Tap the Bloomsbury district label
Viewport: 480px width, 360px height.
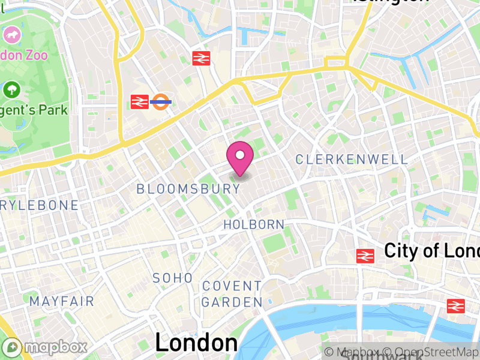pyautogui.click(x=188, y=189)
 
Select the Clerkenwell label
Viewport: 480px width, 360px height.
pyautogui.click(x=352, y=160)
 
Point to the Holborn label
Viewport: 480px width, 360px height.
pyautogui.click(x=254, y=224)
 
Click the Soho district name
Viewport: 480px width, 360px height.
pyautogui.click(x=173, y=278)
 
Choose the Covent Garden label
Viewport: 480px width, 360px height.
pyautogui.click(x=232, y=294)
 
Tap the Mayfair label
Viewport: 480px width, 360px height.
pyautogui.click(x=62, y=301)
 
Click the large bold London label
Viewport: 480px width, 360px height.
pyautogui.click(x=196, y=343)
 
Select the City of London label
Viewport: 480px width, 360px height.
pyautogui.click(x=431, y=250)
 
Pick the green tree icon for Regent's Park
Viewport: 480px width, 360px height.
pyautogui.click(x=11, y=91)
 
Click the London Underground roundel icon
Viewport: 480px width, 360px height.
pyautogui.click(x=161, y=102)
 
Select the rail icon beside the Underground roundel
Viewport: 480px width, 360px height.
pyautogui.click(x=139, y=102)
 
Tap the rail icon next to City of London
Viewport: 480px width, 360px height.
pyautogui.click(x=365, y=256)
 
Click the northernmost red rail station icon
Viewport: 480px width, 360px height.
pyautogui.click(x=200, y=58)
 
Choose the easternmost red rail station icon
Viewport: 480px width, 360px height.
pyautogui.click(x=456, y=306)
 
